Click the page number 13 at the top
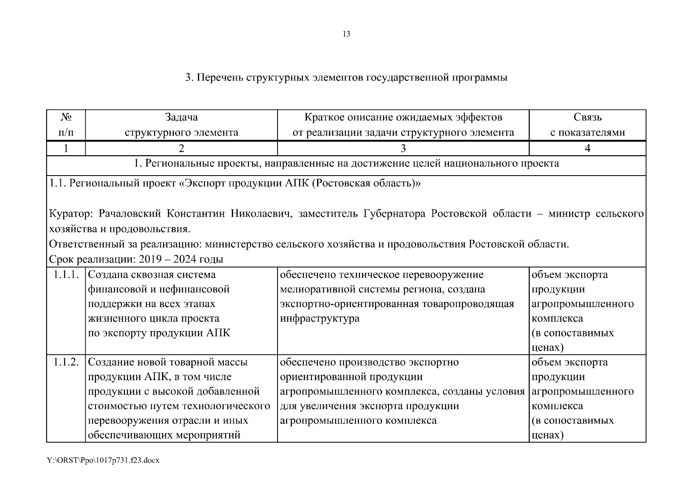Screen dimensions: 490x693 coord(346,34)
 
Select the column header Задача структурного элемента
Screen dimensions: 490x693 coord(181,125)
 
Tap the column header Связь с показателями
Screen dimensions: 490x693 coord(587,125)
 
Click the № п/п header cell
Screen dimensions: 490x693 coord(66,125)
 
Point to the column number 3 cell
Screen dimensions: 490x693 coord(403,149)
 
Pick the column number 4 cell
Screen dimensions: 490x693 coord(587,149)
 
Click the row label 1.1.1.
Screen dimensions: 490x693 coord(66,275)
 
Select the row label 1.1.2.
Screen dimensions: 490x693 coord(66,362)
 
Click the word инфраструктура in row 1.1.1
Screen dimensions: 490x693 coord(320,318)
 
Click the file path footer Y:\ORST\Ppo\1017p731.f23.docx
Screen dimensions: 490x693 coord(103,461)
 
